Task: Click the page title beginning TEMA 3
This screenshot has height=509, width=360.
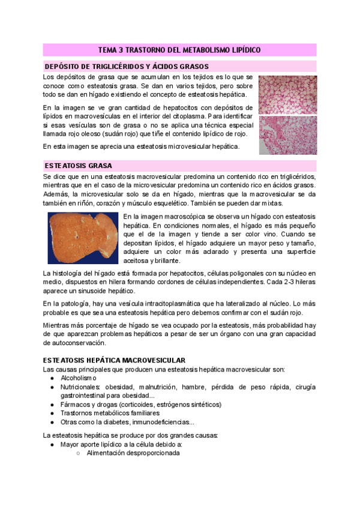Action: tap(179, 51)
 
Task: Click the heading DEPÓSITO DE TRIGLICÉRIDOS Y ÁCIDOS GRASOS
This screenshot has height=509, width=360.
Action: tap(127, 67)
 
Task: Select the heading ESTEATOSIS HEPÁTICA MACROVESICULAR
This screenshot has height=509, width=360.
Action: tap(114, 360)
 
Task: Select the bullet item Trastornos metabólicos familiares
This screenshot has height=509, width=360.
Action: tap(110, 413)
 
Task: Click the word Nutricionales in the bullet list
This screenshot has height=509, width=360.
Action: tap(82, 388)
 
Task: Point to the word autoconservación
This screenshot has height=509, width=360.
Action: tap(74, 343)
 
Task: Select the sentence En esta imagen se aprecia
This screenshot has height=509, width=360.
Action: tap(141, 146)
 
